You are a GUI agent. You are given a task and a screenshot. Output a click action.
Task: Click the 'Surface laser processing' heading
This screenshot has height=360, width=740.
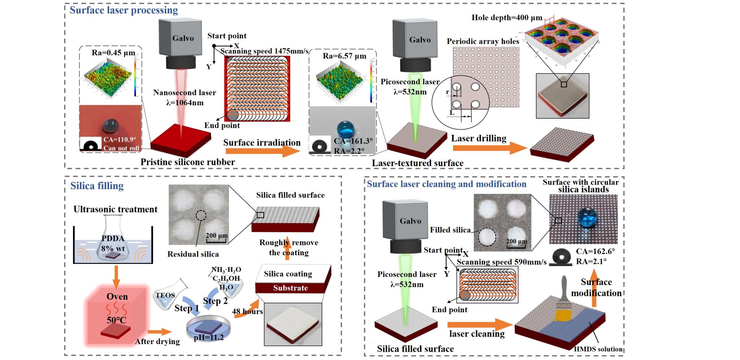[124, 10]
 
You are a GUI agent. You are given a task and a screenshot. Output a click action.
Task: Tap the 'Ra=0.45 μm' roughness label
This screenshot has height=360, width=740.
[113, 53]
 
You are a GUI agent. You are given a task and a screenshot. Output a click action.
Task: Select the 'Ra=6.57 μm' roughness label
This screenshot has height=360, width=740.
[344, 56]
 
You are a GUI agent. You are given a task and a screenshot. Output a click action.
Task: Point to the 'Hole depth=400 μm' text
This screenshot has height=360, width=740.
[507, 18]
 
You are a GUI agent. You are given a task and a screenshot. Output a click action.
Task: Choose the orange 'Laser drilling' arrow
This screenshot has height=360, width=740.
[490, 148]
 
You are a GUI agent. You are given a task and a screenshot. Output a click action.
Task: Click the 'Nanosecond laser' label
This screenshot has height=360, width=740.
[184, 93]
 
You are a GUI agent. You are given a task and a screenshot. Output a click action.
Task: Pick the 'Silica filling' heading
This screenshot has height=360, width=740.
[97, 186]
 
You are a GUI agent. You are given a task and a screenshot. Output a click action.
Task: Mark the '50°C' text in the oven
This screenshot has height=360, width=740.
[116, 320]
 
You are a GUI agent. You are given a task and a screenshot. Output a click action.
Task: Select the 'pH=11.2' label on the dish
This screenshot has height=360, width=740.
[208, 338]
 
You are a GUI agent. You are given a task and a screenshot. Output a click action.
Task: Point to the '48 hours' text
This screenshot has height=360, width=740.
[247, 312]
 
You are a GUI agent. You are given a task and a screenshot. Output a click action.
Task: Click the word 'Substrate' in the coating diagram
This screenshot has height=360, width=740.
[291, 288]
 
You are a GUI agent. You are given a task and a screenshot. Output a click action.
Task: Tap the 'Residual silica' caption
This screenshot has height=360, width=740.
[193, 254]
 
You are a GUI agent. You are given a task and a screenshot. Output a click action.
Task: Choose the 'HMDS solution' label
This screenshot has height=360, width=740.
[598, 349]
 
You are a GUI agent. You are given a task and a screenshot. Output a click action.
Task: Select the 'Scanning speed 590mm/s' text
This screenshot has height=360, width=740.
[502, 262]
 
